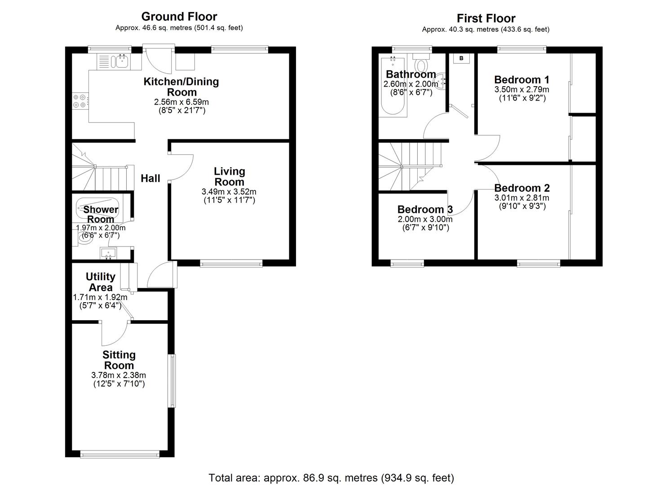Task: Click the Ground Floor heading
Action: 179,17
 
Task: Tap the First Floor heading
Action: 486,18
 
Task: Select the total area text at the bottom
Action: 331,477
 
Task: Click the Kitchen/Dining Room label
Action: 181,87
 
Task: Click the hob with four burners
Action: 80,101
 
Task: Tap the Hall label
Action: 150,178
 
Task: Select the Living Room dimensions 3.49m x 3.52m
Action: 229,192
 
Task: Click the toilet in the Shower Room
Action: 84,238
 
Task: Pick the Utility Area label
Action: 101,282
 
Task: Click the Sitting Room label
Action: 119,360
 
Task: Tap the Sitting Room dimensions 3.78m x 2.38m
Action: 119,375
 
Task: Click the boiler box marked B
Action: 461,58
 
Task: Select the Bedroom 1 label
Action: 521,80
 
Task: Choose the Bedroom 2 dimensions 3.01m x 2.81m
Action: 521,198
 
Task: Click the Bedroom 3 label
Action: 425,209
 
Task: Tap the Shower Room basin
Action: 108,253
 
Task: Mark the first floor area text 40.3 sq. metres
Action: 486,30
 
